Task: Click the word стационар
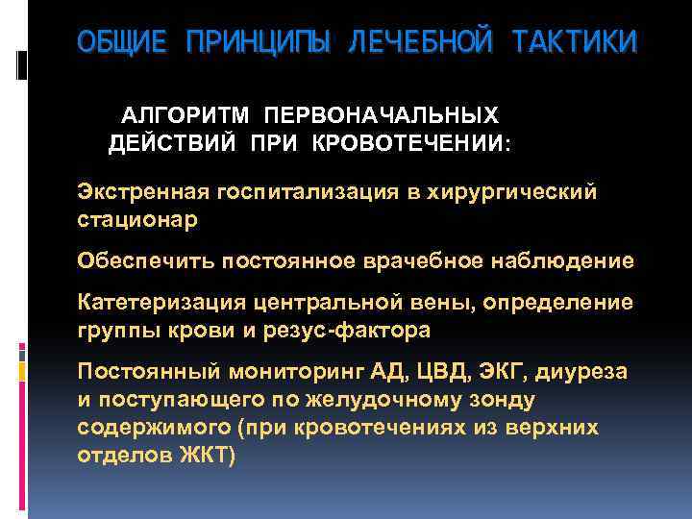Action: coord(137,219)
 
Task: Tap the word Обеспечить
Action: coord(146,260)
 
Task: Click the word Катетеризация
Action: coord(162,302)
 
